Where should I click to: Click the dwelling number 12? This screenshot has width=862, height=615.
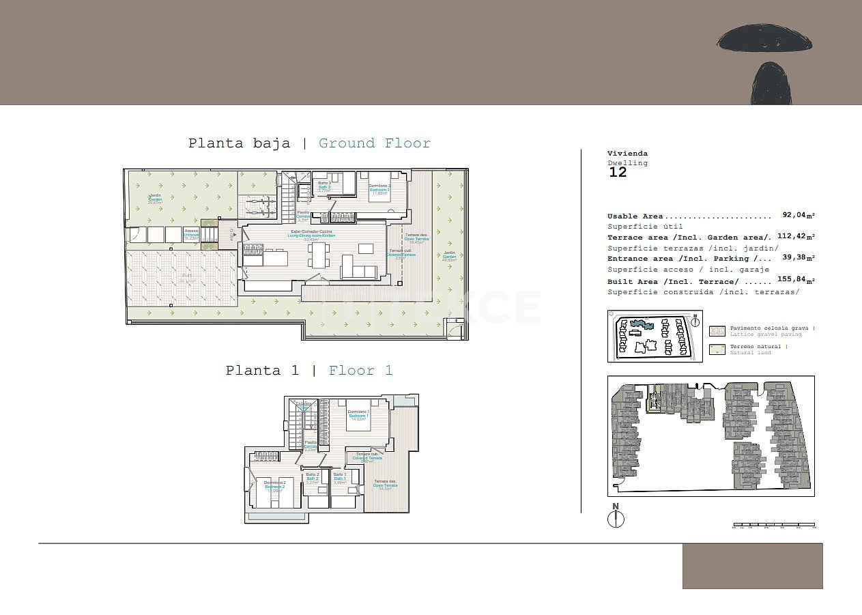coord(617,173)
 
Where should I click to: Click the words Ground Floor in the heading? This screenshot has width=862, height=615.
coord(375,143)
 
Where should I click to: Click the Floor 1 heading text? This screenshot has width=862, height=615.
coord(360,371)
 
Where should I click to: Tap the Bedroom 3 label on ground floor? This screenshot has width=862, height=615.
coord(379,188)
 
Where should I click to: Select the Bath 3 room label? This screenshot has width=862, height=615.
coord(324,186)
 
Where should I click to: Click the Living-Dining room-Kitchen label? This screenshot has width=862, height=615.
coord(313,235)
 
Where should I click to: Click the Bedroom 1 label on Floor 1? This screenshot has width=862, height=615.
coord(358,415)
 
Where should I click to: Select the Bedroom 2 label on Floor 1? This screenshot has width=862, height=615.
coord(274,486)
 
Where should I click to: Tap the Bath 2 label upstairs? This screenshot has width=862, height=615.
coord(313,478)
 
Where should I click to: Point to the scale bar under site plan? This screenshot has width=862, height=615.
coord(774,526)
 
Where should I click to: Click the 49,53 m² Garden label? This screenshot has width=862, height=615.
coord(448,257)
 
